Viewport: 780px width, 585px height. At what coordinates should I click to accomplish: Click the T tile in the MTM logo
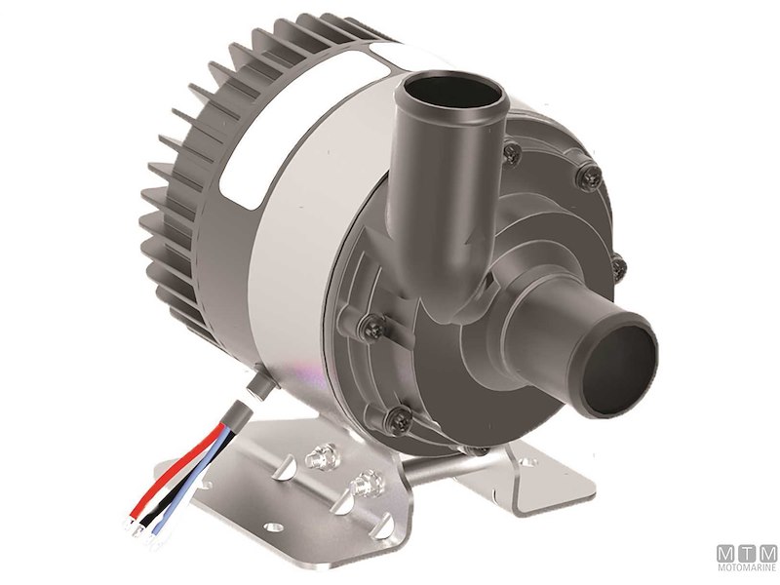(x=748, y=553)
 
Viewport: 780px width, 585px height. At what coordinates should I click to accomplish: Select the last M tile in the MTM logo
(x=767, y=553)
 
